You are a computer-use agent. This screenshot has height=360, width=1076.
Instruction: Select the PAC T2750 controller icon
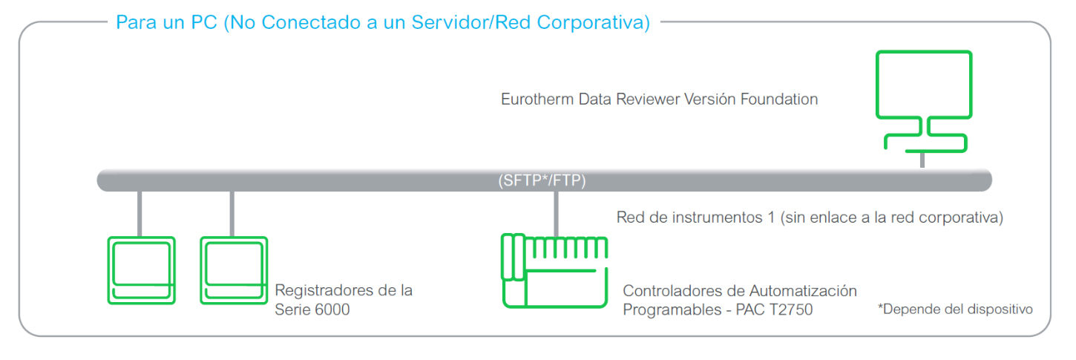[554, 270]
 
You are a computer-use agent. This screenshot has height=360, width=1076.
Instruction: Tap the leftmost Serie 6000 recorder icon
[141, 270]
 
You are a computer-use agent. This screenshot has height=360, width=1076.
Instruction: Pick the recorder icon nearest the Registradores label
[233, 270]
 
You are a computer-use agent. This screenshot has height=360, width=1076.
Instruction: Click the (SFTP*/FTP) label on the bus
[542, 180]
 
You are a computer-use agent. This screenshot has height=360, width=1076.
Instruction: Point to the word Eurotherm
[533, 99]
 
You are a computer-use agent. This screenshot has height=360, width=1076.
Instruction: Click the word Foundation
[778, 99]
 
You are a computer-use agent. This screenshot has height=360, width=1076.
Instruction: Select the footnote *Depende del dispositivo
[955, 309]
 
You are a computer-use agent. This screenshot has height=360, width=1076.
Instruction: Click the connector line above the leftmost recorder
[140, 213]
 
